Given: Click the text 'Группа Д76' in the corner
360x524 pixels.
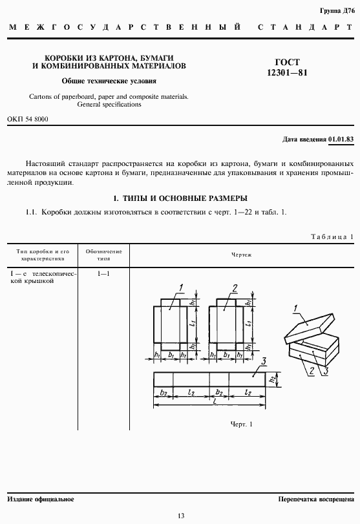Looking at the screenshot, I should coord(338,12).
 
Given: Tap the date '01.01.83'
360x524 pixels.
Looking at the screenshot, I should coord(341,139).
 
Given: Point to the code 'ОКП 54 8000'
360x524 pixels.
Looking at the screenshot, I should coord(28,119).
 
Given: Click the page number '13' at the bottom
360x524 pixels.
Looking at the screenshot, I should coord(180,515).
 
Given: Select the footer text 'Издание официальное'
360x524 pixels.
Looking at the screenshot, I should coord(41,499).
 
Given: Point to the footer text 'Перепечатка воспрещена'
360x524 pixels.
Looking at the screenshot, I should coord(315,499).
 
